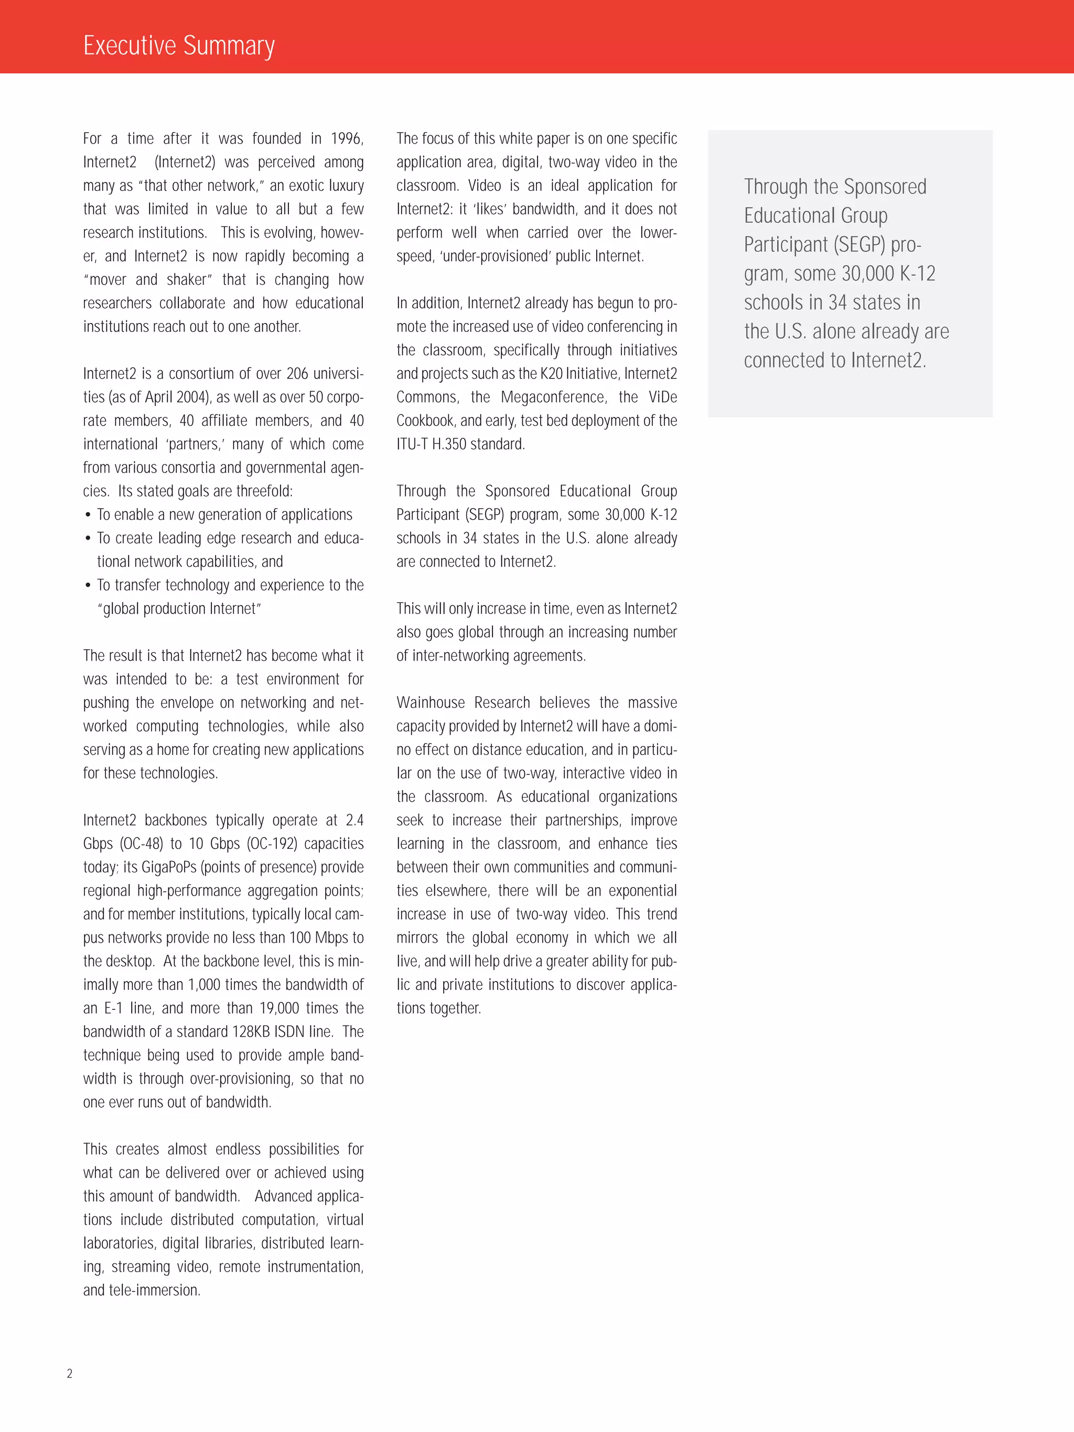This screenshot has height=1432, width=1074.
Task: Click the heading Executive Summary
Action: (x=179, y=45)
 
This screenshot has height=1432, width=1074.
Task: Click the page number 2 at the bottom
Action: (x=70, y=1373)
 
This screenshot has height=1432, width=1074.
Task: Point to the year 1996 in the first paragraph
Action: (x=347, y=138)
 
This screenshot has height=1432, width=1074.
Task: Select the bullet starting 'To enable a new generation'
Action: (x=224, y=515)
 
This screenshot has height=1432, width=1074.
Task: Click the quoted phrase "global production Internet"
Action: (x=179, y=609)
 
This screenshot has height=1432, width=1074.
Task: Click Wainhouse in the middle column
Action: (x=431, y=703)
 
